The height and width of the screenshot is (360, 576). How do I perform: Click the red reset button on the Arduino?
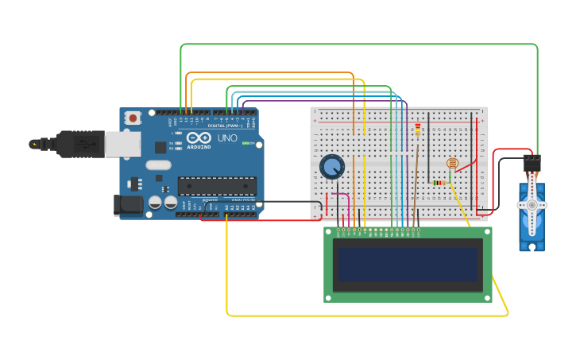[133, 118]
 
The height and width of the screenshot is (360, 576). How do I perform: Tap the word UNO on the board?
[227, 138]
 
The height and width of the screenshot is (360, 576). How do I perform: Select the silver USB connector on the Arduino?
[122, 144]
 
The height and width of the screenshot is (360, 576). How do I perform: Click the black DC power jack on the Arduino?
[127, 205]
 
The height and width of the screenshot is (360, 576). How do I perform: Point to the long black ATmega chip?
[216, 186]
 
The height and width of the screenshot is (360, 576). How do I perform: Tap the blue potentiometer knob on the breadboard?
[332, 166]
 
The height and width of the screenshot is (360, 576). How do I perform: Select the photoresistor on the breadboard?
[452, 164]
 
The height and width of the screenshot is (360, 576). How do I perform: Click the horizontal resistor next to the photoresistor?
[439, 183]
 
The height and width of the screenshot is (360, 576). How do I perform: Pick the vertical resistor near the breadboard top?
[418, 129]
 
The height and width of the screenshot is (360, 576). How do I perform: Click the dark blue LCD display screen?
[408, 265]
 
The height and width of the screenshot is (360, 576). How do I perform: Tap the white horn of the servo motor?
[532, 205]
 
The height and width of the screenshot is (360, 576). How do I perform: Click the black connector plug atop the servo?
[532, 163]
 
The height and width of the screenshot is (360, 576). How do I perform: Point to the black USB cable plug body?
[79, 144]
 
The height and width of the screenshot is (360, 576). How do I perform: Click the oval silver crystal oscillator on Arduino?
[158, 165]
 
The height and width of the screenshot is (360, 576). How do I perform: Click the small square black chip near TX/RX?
[160, 147]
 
